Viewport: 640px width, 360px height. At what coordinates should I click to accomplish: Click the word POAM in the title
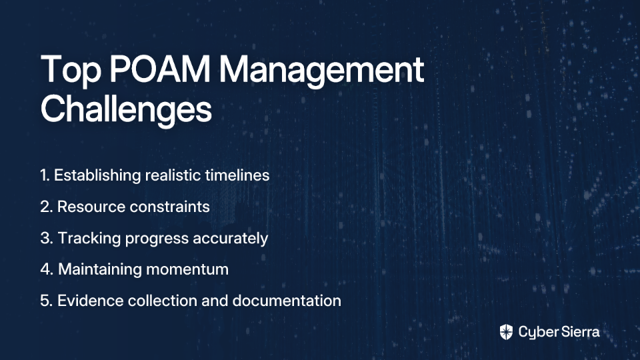coord(159,69)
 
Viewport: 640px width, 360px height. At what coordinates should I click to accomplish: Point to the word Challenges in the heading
coord(126,109)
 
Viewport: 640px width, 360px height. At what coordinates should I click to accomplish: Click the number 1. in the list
coord(45,175)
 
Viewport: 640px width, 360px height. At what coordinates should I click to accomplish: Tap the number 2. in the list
coord(47,207)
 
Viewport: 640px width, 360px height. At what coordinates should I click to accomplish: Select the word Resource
coord(91,207)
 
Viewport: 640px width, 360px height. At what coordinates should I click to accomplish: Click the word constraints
coord(169,207)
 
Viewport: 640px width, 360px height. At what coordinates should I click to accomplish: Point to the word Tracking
coord(89,239)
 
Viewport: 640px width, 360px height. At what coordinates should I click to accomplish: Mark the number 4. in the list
coord(47,269)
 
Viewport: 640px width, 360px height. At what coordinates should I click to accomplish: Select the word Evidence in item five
coord(90,301)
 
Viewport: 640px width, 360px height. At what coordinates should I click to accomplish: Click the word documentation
coord(287,301)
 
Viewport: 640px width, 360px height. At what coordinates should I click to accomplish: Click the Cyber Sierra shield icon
coord(506,332)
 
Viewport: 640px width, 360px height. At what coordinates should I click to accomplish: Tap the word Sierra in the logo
coord(579,332)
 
